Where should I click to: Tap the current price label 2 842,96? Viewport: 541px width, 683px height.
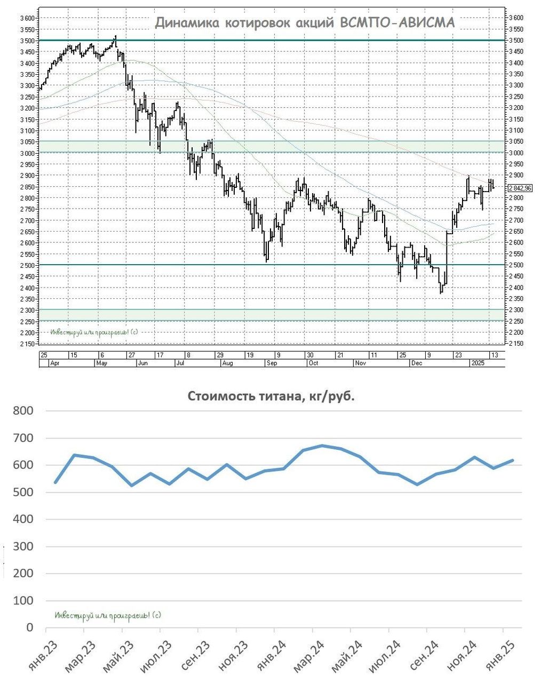(x=520, y=188)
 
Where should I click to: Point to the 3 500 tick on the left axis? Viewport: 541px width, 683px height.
(x=27, y=41)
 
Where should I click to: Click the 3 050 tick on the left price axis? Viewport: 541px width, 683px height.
(x=27, y=142)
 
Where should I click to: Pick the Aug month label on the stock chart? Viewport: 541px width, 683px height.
(x=227, y=363)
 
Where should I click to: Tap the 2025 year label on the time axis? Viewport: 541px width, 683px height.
(x=477, y=363)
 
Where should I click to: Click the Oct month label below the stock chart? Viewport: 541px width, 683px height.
(x=313, y=363)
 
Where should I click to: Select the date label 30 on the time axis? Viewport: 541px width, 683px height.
(x=310, y=355)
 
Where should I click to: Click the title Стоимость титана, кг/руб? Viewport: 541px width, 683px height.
(x=270, y=397)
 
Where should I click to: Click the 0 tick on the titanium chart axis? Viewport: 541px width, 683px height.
(x=30, y=628)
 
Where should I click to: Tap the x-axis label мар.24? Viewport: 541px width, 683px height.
(x=308, y=656)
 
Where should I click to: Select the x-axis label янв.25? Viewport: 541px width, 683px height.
(x=499, y=656)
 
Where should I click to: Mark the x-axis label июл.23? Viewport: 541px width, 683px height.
(x=156, y=656)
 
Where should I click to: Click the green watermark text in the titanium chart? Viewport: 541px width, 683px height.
(x=108, y=615)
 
